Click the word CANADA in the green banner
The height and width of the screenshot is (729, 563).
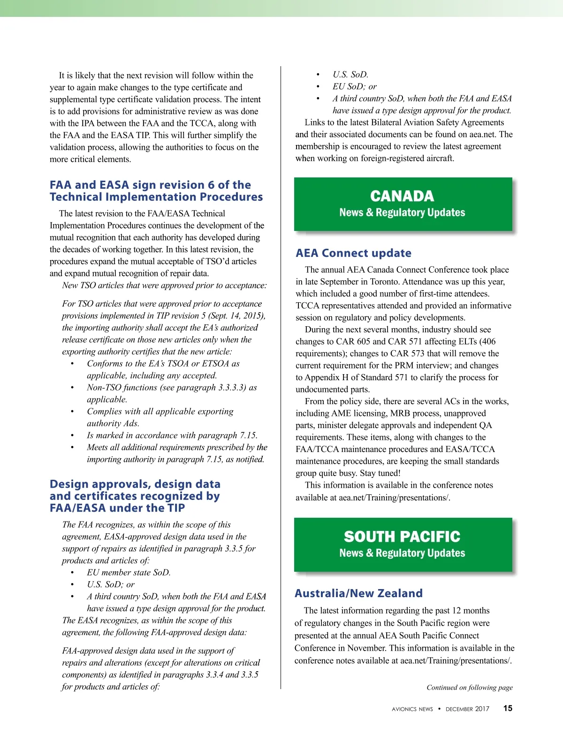tap(402, 196)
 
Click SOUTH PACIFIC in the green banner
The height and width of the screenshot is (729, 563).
tap(402, 537)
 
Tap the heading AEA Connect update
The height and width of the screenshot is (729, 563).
tap(353, 253)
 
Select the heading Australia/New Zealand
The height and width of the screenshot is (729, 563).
tap(358, 593)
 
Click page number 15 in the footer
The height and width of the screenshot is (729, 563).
tap(508, 708)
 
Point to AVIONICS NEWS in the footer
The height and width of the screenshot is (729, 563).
tap(412, 709)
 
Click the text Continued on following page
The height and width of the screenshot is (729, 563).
tap(469, 687)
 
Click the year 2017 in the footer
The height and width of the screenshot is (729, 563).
tap(482, 709)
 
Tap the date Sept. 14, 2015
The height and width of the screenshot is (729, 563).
tap(237, 316)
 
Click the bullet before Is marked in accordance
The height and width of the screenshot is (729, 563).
tap(72, 436)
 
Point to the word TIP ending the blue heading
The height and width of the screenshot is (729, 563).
tap(176, 508)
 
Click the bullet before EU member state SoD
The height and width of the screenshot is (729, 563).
tap(72, 573)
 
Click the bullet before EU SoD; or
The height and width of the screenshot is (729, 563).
tap(318, 87)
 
